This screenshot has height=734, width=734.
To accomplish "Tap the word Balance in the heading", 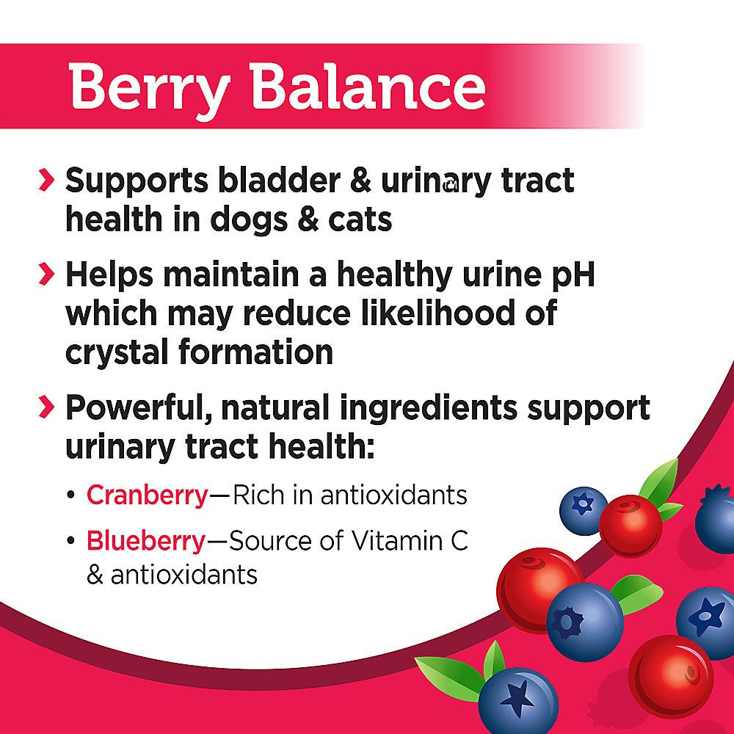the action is tap(368, 86).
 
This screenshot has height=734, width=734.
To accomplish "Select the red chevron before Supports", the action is tap(46, 181).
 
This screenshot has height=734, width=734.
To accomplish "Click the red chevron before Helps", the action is tap(46, 274).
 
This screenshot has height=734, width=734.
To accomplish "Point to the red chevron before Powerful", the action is tap(46, 407).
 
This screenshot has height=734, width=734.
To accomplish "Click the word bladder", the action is tap(280, 180).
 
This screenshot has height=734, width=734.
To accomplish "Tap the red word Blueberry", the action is tap(146, 541).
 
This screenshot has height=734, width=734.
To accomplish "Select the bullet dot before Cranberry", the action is tap(70, 495).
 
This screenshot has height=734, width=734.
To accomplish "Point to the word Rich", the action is tap(258, 495).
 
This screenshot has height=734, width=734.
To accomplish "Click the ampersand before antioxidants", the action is tap(95, 575).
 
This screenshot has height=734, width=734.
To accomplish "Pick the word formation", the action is tap(256, 352).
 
